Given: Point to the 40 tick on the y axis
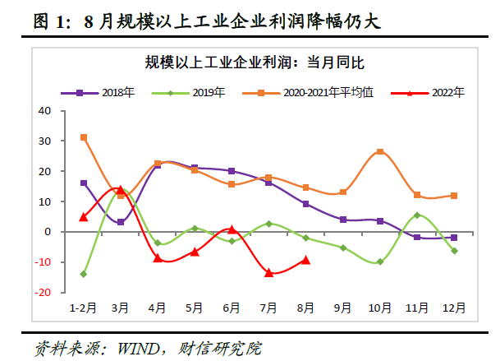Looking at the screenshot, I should pyautogui.click(x=44, y=110).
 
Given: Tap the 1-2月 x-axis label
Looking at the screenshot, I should pyautogui.click(x=83, y=308).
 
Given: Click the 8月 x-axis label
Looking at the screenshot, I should pyautogui.click(x=306, y=308).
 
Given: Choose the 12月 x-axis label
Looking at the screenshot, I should pyautogui.click(x=454, y=308).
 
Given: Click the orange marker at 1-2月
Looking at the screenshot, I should pyautogui.click(x=84, y=137).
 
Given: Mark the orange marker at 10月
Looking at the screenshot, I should pyautogui.click(x=380, y=152).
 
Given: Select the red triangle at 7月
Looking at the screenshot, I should pyautogui.click(x=268, y=272).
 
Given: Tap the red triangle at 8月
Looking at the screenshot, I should pyautogui.click(x=305, y=260).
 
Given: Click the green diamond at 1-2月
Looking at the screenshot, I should pyautogui.click(x=84, y=274).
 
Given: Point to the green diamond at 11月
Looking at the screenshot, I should pyautogui.click(x=417, y=215).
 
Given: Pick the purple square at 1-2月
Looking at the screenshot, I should pyautogui.click(x=84, y=183).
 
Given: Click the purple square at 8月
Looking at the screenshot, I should pyautogui.click(x=305, y=204).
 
